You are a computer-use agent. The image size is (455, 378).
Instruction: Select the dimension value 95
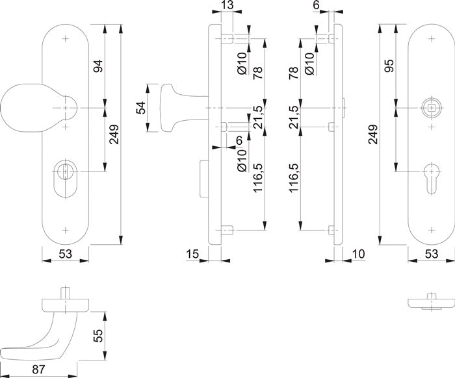click(x=389, y=66)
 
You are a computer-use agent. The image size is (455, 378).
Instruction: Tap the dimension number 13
click(x=227, y=6)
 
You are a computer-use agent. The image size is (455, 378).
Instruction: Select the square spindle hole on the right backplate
click(x=429, y=107)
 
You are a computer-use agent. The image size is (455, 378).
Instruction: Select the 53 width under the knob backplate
click(x=65, y=254)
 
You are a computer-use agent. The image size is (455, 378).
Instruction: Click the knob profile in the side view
click(x=179, y=107)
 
